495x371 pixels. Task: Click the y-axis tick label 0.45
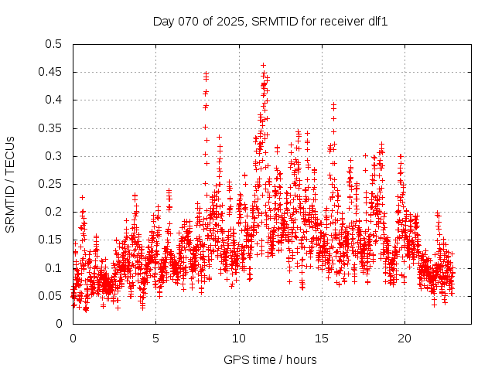click(x=52, y=72)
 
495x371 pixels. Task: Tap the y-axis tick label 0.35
click(x=52, y=128)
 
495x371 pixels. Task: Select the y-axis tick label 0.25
click(x=52, y=184)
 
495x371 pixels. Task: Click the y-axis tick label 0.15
click(x=52, y=240)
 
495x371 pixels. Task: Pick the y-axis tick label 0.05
click(x=52, y=295)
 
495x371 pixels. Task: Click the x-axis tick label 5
click(x=155, y=339)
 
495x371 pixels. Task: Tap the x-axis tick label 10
click(x=239, y=339)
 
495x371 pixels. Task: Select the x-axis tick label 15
click(x=322, y=339)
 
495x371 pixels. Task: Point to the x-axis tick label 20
click(x=405, y=339)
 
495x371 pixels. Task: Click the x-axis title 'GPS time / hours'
click(x=270, y=359)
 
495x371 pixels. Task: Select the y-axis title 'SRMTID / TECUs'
click(x=11, y=184)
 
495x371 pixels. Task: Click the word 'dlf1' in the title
click(x=376, y=21)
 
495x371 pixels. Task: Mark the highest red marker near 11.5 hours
click(x=263, y=66)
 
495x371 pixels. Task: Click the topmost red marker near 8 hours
click(x=206, y=73)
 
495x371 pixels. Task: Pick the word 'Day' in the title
click(x=163, y=21)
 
